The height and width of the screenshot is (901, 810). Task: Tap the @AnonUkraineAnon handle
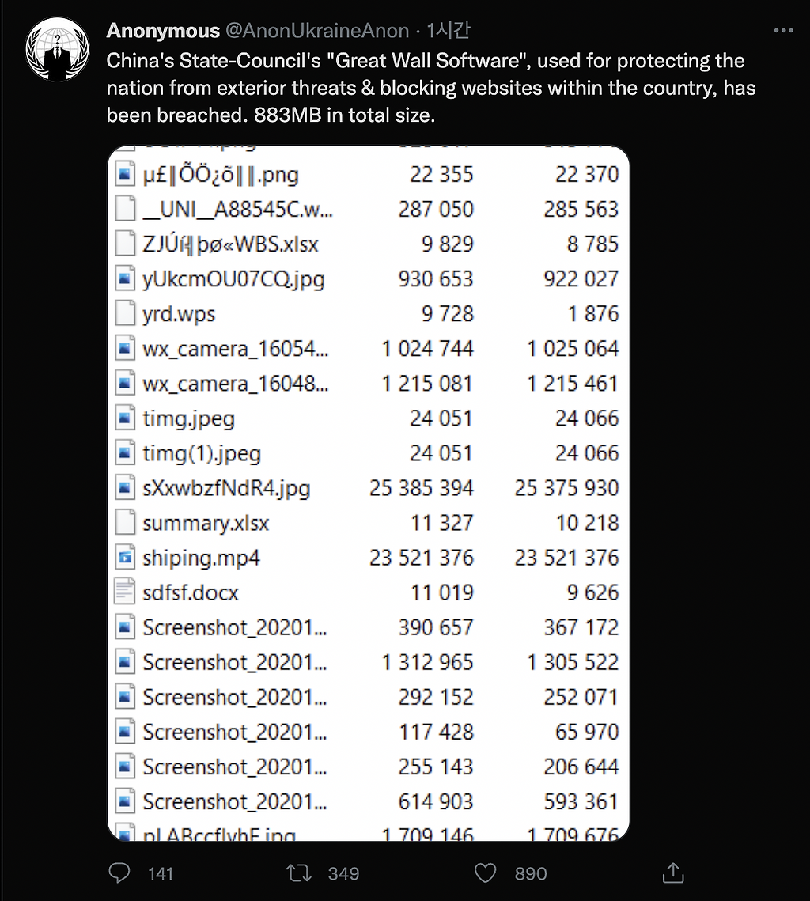click(x=317, y=32)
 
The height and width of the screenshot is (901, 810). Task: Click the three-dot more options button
click(x=782, y=31)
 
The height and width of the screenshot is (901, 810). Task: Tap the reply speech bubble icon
click(x=119, y=873)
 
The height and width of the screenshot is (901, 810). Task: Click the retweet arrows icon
click(x=299, y=873)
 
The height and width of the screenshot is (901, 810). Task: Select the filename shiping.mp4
click(x=201, y=558)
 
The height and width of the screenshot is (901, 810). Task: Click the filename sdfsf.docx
click(x=190, y=592)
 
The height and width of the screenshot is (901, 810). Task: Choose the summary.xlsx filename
click(x=206, y=523)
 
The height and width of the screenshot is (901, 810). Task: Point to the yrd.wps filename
click(x=179, y=314)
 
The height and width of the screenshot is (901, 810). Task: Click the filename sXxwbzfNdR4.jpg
click(x=226, y=488)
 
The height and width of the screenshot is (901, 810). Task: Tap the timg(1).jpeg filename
click(x=201, y=453)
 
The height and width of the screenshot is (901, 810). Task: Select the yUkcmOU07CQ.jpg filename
click(x=233, y=279)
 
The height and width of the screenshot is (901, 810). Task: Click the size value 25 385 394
click(x=421, y=488)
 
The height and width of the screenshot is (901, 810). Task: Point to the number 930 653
click(x=436, y=279)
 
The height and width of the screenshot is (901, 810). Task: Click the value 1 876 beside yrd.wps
click(x=592, y=314)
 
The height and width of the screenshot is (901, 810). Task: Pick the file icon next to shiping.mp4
click(x=124, y=558)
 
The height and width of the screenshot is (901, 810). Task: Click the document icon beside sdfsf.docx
click(x=124, y=592)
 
